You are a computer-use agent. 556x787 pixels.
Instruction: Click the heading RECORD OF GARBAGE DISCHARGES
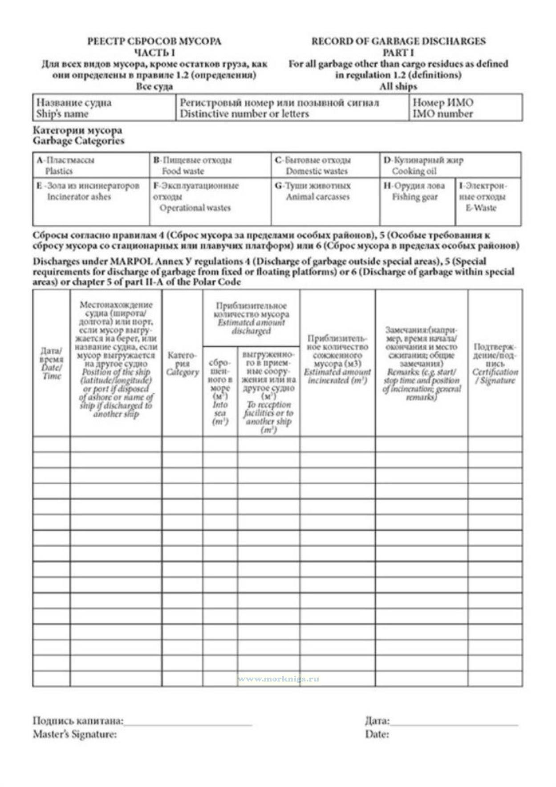(398, 41)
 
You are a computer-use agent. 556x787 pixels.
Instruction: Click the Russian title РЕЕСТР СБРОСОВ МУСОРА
(154, 41)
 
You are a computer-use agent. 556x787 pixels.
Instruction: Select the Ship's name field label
(62, 114)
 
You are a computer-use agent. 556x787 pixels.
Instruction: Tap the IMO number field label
(442, 114)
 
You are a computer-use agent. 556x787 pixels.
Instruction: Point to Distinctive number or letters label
(244, 114)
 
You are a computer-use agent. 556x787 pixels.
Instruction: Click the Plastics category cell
(91, 165)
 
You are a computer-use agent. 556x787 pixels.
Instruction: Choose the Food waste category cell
(210, 165)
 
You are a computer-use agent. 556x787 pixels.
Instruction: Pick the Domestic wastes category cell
(325, 165)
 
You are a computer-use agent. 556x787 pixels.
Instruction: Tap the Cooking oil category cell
(450, 165)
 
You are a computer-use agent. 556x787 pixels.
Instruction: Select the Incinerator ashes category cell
(91, 201)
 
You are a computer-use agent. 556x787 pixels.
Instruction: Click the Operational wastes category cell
(210, 201)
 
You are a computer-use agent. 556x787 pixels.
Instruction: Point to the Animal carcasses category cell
(325, 201)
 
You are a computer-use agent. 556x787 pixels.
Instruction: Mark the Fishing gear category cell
(417, 201)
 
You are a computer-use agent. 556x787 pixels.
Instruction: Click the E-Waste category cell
(488, 201)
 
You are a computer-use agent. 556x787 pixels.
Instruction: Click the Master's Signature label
(75, 734)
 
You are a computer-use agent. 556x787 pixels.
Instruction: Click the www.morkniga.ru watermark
(278, 679)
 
